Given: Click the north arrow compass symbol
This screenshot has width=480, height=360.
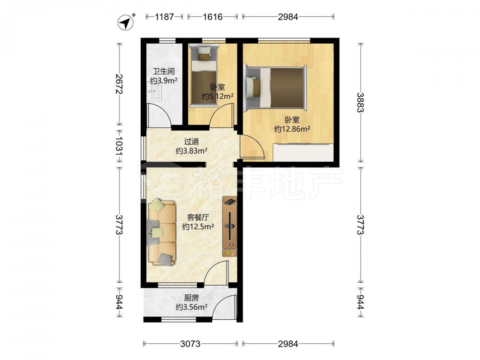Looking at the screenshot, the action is pos(126,23).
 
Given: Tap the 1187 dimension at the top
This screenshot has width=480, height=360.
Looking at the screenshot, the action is pos(164,16).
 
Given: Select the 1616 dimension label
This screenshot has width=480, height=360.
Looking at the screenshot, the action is pos(213,16).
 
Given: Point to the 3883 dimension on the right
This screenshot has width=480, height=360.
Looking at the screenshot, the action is pos(361,103).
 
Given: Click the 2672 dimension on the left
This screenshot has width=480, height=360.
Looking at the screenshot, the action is pos(119,84).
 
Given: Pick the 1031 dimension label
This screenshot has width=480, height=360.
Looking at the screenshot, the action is pos(119,146).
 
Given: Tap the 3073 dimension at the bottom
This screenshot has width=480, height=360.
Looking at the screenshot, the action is pos(190,344).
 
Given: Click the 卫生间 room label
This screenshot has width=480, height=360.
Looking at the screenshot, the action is pos(164,72).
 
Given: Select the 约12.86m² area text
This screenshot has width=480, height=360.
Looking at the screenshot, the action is pos(292,129).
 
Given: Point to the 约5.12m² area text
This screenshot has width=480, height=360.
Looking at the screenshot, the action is pos(217,96).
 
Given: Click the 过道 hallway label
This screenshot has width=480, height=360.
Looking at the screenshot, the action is pos(192,142).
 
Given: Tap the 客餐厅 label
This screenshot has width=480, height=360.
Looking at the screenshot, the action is pos(198,217).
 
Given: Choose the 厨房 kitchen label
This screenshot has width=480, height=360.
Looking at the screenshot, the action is pos(192,298).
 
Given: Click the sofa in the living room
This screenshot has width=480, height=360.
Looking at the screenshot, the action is pos(162,232).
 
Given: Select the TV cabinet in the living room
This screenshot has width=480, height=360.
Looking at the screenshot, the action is pos(229,227).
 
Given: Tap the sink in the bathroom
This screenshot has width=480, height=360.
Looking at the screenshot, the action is pos(155,91).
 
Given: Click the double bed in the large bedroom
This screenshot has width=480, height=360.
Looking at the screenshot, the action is pos(276,87).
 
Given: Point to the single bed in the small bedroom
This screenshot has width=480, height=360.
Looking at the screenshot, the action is pos(203,75).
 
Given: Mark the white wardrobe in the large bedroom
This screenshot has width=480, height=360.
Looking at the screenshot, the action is pos(303,152).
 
